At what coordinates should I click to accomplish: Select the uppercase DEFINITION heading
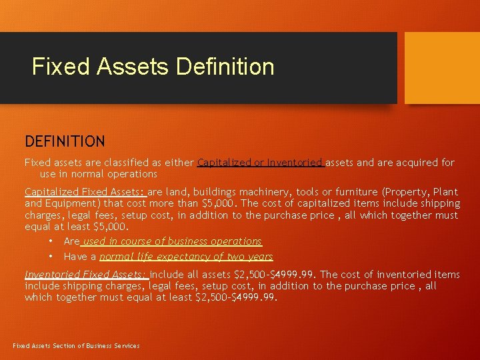[65, 141]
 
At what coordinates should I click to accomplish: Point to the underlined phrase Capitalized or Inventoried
[261, 162]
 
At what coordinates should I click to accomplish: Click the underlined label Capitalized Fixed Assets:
[85, 191]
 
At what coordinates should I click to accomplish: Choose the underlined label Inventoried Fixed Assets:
[87, 275]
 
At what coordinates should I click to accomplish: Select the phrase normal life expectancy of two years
[186, 257]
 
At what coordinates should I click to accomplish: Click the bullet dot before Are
[50, 241]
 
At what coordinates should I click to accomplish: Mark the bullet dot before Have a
[50, 257]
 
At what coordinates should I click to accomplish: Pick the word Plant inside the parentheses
[445, 191]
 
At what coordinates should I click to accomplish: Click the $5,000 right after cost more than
[221, 203]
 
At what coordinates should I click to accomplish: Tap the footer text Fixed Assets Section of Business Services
[77, 345]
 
